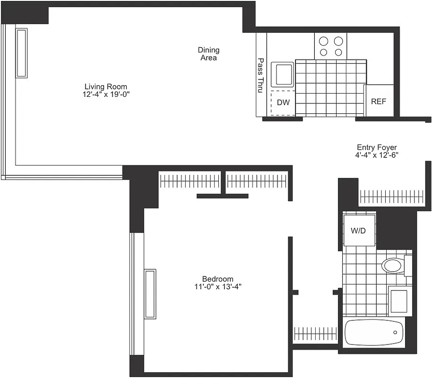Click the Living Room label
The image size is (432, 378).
tap(106, 87)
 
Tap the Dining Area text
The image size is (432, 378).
tap(208, 54)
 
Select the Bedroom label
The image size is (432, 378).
tap(217, 279)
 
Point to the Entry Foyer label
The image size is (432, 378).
tap(377, 147)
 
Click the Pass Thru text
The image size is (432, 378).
tap(260, 76)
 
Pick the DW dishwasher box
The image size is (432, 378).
tap(283, 103)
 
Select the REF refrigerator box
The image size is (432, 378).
tap(379, 101)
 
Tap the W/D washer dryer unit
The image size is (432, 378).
tap(360, 231)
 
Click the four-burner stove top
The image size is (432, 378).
tap(331, 46)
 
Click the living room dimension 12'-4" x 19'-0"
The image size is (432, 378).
tap(106, 94)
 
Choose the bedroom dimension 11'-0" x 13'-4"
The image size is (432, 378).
tap(217, 287)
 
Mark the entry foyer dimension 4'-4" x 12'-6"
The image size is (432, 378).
tap(377, 155)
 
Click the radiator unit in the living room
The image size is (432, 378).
tap(22, 52)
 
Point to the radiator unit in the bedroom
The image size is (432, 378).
tap(150, 293)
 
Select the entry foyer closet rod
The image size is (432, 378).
tap(392, 195)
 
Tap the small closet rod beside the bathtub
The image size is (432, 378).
tap(314, 334)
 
